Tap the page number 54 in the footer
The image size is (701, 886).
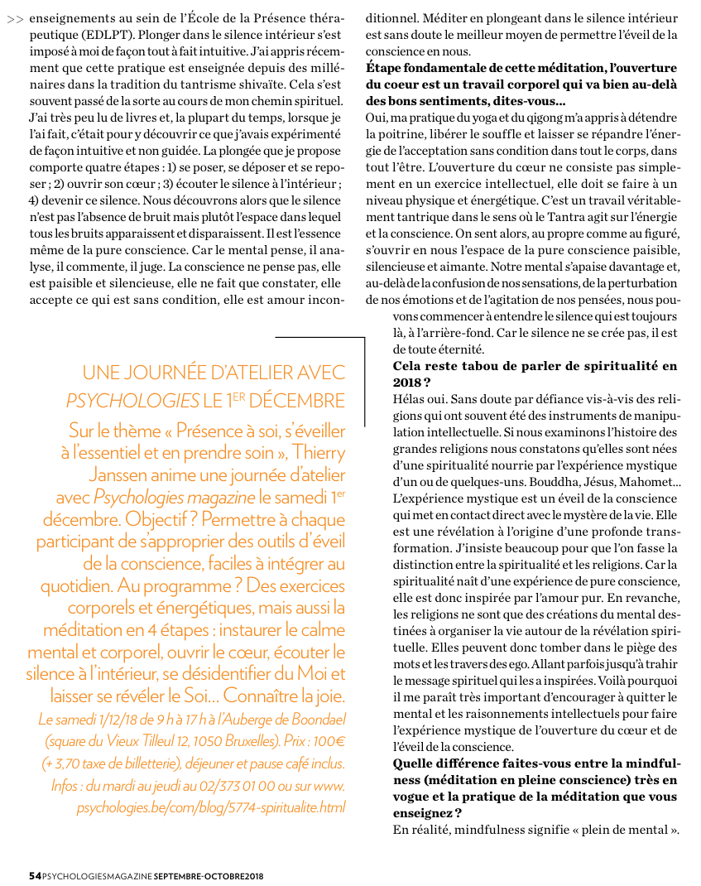point(34,874)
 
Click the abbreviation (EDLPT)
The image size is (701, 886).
point(108,35)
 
